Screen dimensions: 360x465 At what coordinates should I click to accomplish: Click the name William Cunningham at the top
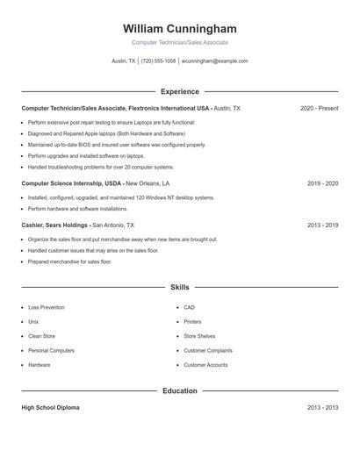point(180,29)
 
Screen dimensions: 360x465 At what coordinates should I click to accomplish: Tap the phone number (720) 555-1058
point(159,61)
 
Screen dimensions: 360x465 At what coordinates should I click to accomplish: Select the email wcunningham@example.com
point(215,61)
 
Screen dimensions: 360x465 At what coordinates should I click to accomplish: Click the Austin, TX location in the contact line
point(124,61)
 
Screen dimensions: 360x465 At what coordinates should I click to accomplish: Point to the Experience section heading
point(180,91)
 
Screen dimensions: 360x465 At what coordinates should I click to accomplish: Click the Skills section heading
point(180,287)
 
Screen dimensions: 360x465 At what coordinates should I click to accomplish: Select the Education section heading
point(180,390)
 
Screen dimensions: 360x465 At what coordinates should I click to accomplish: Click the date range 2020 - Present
point(319,108)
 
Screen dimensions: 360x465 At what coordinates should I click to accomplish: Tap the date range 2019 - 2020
point(322,183)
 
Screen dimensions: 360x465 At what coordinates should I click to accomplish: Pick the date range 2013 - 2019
point(322,225)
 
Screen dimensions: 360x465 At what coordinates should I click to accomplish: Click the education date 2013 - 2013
point(322,408)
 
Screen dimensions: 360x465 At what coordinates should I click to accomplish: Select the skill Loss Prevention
point(47,308)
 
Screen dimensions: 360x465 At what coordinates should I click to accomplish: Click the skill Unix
point(33,322)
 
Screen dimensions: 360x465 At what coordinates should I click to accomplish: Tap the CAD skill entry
point(189,308)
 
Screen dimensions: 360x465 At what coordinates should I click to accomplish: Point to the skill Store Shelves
point(199,336)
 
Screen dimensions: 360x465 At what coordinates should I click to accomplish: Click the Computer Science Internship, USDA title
point(71,183)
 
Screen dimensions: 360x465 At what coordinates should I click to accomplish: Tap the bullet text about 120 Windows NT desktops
point(120,198)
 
